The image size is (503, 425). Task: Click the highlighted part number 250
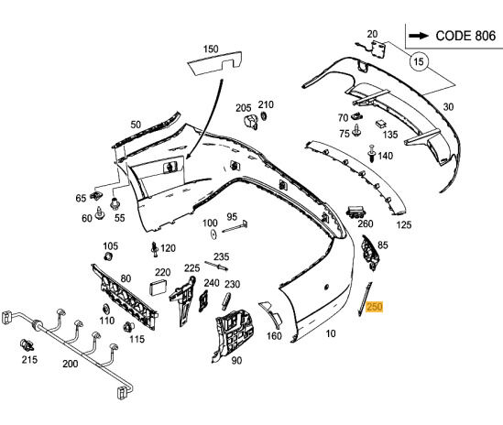coord(375,307)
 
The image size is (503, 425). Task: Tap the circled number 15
coord(419,61)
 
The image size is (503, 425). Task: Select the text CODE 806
coord(465,36)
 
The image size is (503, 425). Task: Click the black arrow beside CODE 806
coord(419,36)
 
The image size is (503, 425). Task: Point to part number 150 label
coord(211,49)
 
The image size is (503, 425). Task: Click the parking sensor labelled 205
coord(251,122)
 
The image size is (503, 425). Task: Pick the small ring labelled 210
coord(264,115)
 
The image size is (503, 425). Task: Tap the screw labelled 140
coord(371,154)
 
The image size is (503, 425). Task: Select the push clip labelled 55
coord(115,203)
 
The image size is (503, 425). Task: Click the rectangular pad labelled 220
coord(158,287)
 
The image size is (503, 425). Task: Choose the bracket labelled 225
coord(183,300)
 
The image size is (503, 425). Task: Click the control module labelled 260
coord(355,212)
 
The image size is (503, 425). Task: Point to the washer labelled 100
coord(213,234)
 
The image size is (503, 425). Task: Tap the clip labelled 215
coord(27,344)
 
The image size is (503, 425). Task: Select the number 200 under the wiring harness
coord(71,364)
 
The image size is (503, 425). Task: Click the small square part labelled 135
coord(381,125)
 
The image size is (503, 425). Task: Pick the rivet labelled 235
coord(216,266)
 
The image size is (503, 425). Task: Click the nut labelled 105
coord(108,256)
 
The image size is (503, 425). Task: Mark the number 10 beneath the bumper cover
coord(331,333)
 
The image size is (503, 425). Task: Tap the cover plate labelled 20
coord(377,49)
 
